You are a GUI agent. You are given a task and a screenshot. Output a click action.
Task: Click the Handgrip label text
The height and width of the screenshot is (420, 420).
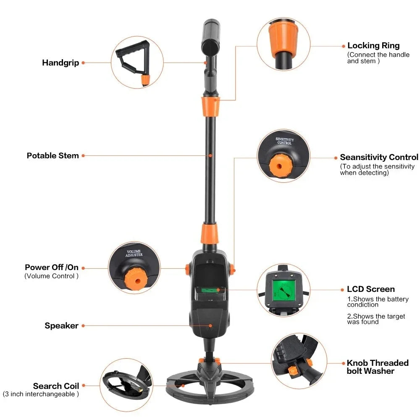pos(60,63)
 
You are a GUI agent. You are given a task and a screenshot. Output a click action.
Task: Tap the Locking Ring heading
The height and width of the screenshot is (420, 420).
pos(373,46)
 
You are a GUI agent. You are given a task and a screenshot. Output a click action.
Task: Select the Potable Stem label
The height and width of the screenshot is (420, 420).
pos(53,156)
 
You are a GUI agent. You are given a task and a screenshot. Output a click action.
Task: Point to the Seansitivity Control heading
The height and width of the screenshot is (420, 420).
pos(379,157)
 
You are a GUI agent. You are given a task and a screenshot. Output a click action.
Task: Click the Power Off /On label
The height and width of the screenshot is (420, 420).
pos(52,268)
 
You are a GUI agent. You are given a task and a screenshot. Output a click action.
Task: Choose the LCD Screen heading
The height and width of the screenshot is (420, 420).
pos(371,289)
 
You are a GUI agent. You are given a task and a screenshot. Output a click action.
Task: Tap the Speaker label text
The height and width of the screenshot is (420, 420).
pos(62,326)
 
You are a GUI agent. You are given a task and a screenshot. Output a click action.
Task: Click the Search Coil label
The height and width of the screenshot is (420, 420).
pos(56,386)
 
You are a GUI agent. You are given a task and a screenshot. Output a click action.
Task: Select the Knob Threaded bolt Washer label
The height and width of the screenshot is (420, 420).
pos(377,367)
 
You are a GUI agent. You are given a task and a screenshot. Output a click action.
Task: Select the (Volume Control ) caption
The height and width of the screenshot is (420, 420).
pos(51,276)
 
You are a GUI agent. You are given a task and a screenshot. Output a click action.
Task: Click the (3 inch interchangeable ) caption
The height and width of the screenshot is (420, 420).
pos(41,394)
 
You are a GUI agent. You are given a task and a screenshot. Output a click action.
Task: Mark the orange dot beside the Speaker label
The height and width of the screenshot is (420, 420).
pos(83,326)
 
